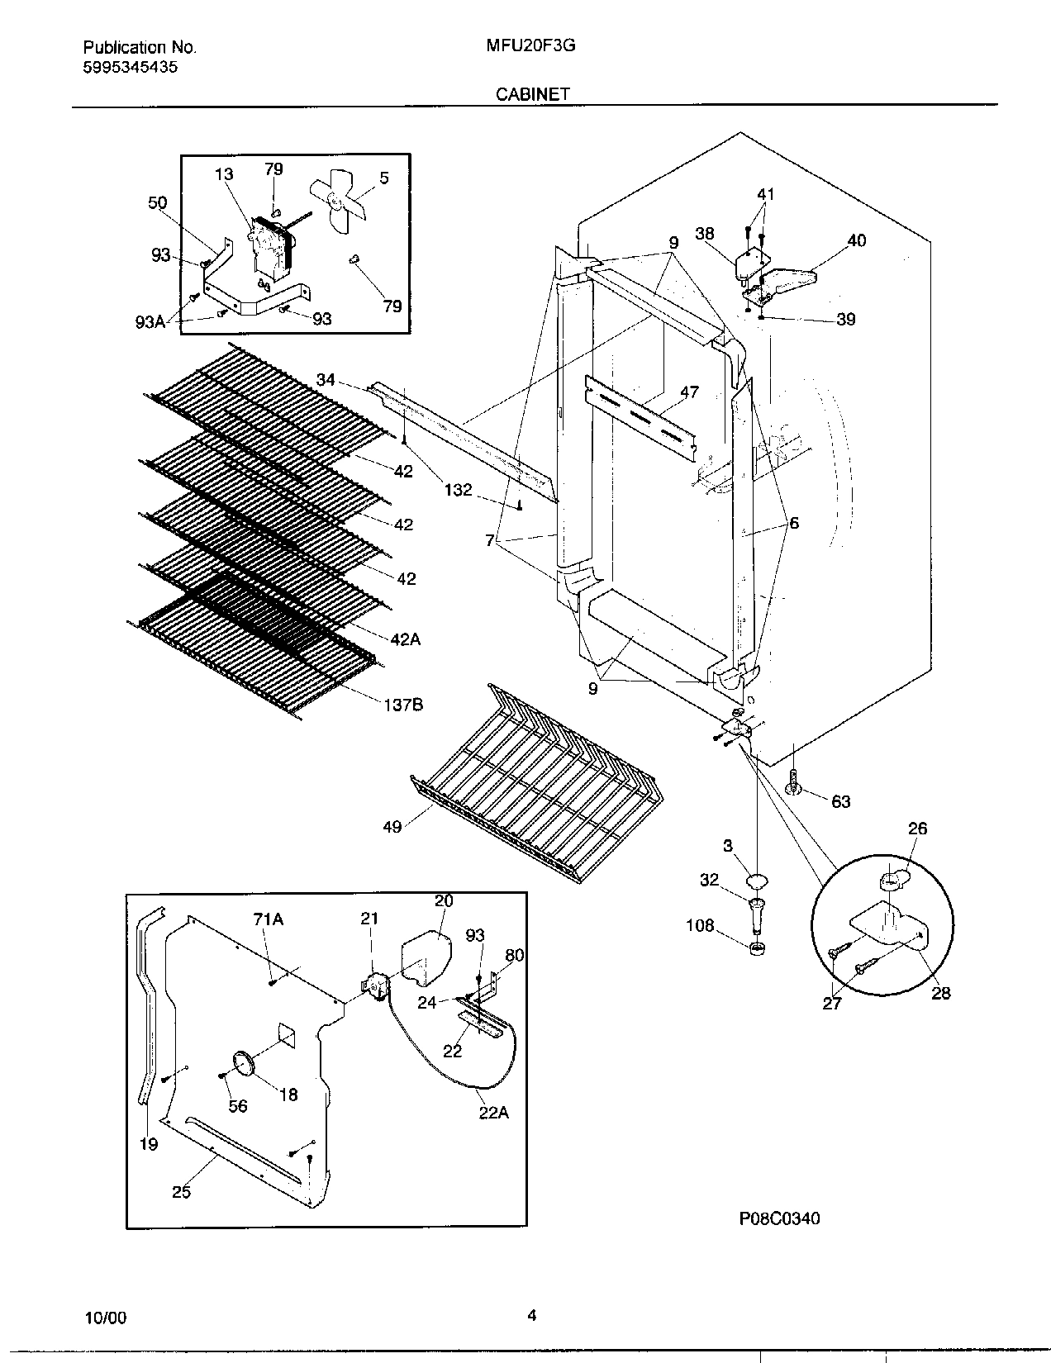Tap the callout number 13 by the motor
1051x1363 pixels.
point(224,174)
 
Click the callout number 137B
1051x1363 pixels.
point(402,705)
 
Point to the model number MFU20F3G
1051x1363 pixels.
point(531,47)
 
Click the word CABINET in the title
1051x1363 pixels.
point(532,94)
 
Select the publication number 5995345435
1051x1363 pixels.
point(130,68)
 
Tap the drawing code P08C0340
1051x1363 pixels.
point(779,1218)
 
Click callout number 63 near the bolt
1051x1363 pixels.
point(840,801)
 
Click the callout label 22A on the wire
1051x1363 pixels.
point(493,1113)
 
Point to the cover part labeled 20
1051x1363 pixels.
point(427,958)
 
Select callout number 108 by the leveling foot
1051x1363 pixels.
point(700,926)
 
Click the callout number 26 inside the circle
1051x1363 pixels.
point(917,829)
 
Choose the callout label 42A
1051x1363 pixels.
point(406,639)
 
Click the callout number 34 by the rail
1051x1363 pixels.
point(326,380)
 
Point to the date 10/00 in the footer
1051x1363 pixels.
point(106,1318)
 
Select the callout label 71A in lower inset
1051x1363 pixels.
point(268,919)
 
